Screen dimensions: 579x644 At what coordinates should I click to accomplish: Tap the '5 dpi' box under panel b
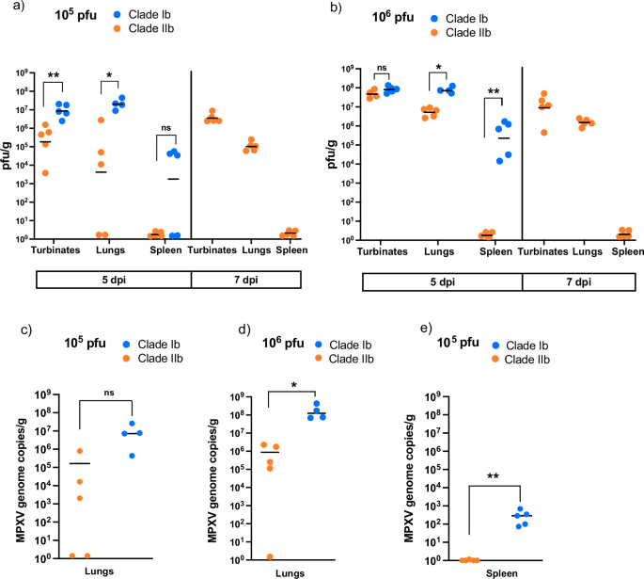coord(436,280)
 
